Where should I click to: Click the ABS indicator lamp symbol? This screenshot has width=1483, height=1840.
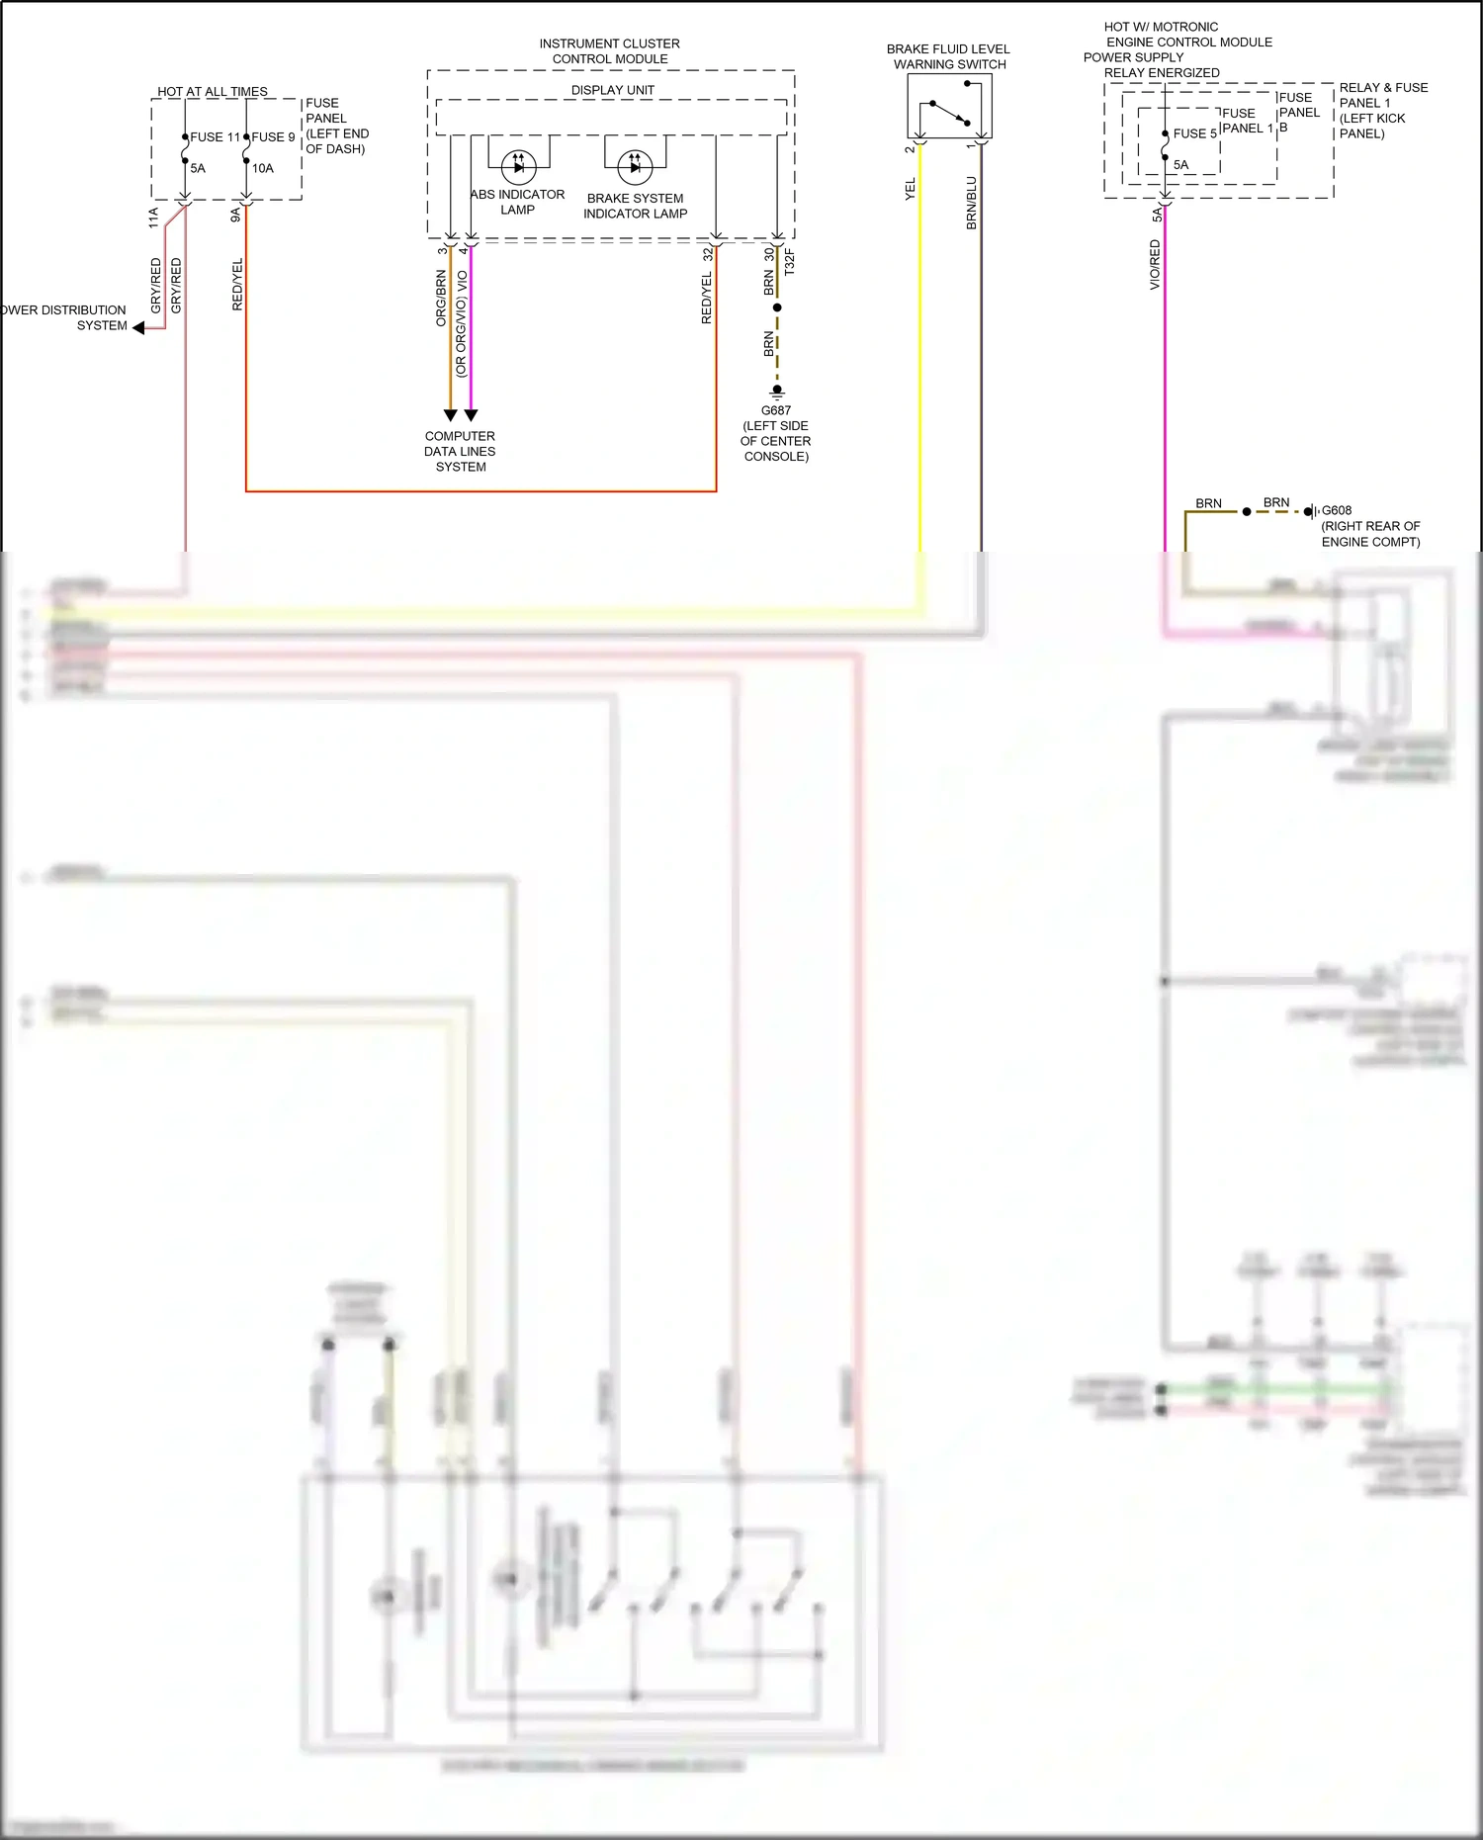(x=518, y=166)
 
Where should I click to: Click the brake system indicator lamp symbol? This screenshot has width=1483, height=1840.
(x=635, y=167)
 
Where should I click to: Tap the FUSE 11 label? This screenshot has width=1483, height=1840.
(x=215, y=137)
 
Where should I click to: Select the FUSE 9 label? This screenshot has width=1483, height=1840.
(x=273, y=137)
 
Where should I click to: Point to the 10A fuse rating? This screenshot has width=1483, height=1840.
(x=262, y=168)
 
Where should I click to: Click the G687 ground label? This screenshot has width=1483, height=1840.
(x=776, y=410)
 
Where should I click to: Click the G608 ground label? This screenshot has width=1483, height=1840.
(x=1337, y=511)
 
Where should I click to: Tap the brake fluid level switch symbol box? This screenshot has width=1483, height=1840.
(x=949, y=106)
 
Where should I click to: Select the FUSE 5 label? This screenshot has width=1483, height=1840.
(x=1194, y=133)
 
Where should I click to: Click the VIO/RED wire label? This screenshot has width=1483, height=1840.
(x=1155, y=265)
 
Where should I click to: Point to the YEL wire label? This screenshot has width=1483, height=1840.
(x=911, y=189)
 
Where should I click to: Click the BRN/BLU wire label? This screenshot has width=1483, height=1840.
(x=971, y=204)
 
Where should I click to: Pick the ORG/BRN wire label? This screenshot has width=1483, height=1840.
(x=441, y=299)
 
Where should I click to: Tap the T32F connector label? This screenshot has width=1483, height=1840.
(x=789, y=262)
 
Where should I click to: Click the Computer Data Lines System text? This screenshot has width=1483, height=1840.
(x=460, y=451)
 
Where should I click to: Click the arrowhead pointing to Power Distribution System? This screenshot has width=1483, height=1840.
(x=139, y=328)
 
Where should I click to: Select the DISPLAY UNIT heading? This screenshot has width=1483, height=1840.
(x=612, y=90)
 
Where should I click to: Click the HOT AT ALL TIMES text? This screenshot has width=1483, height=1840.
(x=213, y=91)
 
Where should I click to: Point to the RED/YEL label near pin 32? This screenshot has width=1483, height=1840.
(x=706, y=298)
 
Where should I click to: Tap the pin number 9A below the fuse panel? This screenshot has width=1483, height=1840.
(x=235, y=215)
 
